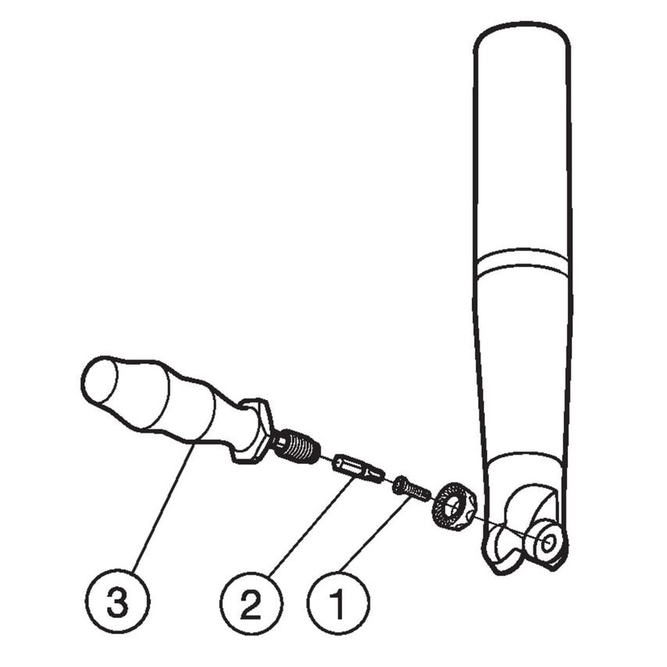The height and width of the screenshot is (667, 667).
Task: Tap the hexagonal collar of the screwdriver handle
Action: coord(255,430)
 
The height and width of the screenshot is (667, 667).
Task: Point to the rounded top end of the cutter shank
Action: coord(521,39)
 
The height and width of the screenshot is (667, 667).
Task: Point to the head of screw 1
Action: coord(401,485)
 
